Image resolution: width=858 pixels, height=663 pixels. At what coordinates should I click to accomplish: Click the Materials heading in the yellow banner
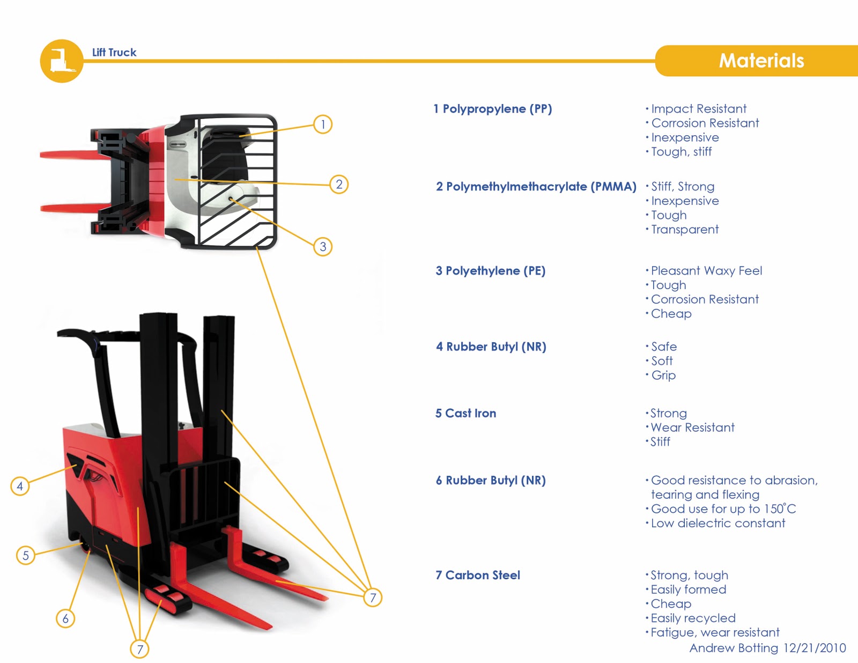(x=761, y=61)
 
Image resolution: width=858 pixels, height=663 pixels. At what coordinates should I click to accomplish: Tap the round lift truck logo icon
(x=62, y=61)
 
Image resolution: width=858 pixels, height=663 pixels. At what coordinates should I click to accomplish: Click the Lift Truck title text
(x=114, y=53)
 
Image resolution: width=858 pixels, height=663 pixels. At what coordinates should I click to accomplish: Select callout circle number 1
(x=323, y=124)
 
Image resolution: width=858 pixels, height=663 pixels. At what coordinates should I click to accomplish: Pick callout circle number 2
(x=339, y=185)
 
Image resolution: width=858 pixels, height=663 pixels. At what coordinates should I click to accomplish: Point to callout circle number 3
(x=323, y=247)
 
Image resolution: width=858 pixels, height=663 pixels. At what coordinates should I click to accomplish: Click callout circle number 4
(x=20, y=486)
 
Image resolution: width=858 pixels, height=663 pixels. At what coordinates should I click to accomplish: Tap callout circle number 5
(x=25, y=555)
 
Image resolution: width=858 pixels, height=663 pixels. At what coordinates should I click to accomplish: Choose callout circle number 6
(x=65, y=618)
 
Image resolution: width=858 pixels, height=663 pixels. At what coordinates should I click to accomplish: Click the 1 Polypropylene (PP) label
(x=493, y=109)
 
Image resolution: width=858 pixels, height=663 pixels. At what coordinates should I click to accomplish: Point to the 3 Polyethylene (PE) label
(x=490, y=271)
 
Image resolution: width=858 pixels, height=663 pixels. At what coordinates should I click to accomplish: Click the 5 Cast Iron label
(x=465, y=413)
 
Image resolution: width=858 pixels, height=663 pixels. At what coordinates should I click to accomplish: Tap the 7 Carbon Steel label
(x=477, y=575)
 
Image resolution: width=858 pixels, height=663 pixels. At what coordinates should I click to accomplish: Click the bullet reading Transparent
(x=684, y=230)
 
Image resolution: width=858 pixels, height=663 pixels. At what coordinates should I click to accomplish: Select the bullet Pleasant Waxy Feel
(x=706, y=271)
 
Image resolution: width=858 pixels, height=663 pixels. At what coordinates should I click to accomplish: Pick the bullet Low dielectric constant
(x=718, y=523)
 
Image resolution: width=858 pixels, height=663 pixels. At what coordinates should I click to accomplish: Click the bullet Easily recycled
(x=692, y=618)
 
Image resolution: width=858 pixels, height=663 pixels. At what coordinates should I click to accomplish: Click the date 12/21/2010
(x=814, y=648)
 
